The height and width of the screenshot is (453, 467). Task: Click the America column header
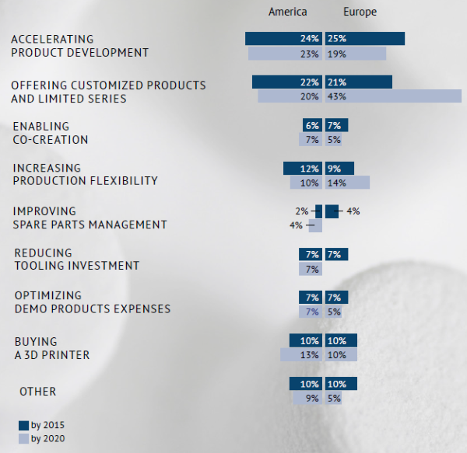(287, 12)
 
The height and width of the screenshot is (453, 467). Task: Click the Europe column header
(360, 12)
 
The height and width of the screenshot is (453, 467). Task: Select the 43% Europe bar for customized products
(393, 96)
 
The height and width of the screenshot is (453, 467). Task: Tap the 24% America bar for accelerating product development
(283, 39)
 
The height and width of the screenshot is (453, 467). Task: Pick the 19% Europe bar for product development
(356, 54)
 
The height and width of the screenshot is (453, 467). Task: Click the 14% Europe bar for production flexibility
(347, 183)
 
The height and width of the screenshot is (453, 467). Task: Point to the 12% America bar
(303, 169)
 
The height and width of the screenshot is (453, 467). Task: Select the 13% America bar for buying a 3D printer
(301, 355)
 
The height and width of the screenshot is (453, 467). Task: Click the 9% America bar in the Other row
(307, 399)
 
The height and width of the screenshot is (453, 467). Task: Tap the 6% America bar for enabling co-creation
(312, 125)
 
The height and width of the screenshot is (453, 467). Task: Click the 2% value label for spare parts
(302, 211)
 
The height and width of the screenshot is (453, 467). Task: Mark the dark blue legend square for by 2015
(23, 425)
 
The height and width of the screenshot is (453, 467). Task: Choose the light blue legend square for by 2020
(23, 439)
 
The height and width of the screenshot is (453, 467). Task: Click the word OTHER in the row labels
(38, 392)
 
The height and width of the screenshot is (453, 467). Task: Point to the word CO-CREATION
(51, 140)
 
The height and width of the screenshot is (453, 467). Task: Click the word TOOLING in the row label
(40, 266)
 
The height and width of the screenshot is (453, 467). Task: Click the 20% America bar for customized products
(290, 96)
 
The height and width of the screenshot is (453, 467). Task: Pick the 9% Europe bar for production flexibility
(339, 169)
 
